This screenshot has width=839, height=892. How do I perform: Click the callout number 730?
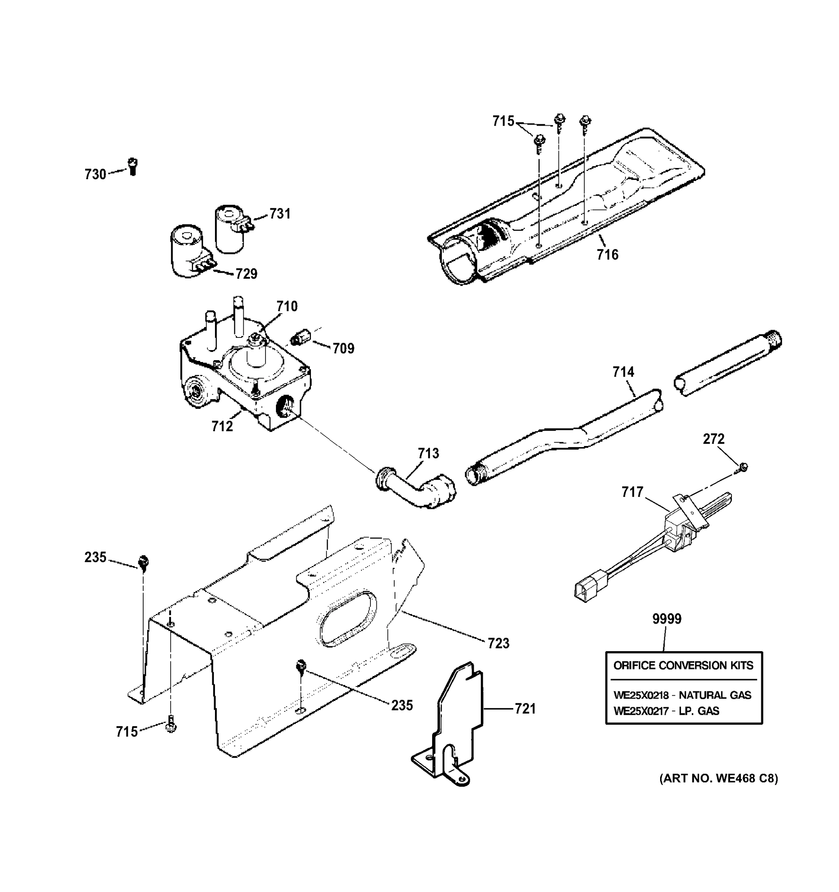coord(95,174)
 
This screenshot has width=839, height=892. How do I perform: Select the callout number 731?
coord(280,214)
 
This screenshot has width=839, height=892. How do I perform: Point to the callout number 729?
coord(247,273)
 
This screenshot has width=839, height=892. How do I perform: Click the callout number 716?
coord(607,255)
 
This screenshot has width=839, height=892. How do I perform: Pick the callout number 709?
coord(343,348)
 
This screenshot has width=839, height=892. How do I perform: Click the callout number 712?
coord(222,426)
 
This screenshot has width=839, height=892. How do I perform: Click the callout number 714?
coord(624,372)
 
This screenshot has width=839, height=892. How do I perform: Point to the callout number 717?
coord(633,492)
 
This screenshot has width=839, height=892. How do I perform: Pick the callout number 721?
coord(525,709)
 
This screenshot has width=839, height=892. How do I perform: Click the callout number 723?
coord(499,643)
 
